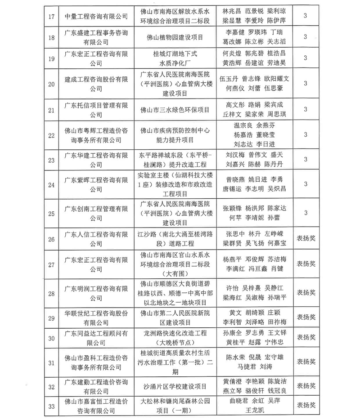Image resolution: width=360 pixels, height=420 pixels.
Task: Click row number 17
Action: tap(51, 16)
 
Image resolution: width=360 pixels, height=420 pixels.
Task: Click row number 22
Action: tap(51, 135)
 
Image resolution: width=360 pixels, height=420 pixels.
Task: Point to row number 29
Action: tap(51, 318)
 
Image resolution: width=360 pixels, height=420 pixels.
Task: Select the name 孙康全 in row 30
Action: tap(231, 333)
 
